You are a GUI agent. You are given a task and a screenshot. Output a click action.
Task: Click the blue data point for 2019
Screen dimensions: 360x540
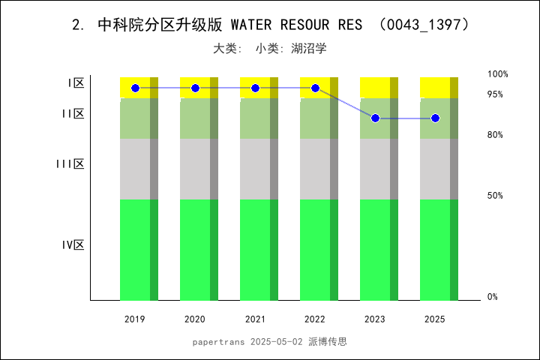click(135, 88)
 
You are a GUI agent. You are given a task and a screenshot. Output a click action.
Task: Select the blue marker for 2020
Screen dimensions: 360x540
click(195, 88)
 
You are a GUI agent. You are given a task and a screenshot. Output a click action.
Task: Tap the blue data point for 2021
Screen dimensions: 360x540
click(255, 88)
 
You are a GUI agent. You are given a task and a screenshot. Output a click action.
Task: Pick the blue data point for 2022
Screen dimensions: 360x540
click(315, 88)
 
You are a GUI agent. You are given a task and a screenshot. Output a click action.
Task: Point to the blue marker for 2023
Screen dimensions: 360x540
click(375, 118)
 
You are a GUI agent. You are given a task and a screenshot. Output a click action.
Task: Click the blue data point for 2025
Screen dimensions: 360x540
click(435, 118)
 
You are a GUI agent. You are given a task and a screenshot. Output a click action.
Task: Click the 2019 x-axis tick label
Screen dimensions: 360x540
click(135, 319)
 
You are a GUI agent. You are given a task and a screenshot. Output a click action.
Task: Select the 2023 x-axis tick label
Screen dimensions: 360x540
click(375, 319)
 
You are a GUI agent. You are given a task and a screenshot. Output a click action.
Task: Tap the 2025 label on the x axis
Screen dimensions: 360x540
click(435, 319)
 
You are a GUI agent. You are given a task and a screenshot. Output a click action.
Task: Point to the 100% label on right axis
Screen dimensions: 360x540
click(498, 74)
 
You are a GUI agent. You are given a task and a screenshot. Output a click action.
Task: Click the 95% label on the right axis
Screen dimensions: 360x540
click(495, 94)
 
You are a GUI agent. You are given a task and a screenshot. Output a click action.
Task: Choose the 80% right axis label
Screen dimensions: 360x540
click(495, 135)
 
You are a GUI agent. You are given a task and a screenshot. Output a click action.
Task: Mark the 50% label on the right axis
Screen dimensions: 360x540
click(495, 196)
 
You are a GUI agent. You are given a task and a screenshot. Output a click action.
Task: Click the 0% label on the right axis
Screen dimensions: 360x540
click(493, 297)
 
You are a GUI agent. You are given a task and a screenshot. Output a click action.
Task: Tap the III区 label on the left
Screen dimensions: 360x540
click(70, 164)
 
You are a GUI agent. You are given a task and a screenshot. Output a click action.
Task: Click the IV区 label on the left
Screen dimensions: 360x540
click(73, 245)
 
